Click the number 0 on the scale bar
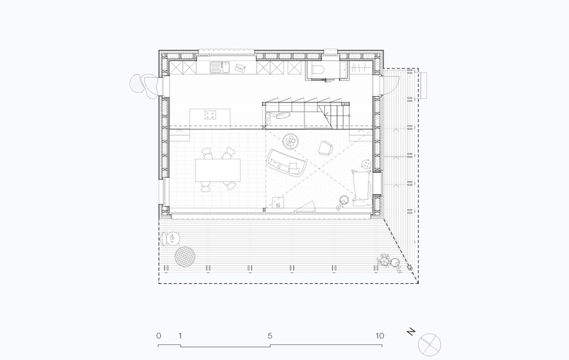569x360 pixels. click(x=159, y=336)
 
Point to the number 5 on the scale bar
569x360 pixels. click(x=270, y=336)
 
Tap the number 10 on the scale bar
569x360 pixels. click(x=380, y=336)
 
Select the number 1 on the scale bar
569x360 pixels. click(x=180, y=336)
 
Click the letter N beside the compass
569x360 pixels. click(x=411, y=332)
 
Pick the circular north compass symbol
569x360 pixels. click(x=430, y=344)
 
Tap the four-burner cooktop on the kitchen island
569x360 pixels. click(x=210, y=115)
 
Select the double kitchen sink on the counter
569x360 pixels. click(x=220, y=67)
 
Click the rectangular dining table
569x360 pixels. click(x=218, y=170)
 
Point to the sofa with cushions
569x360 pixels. click(x=287, y=163)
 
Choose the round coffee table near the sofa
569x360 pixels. click(x=291, y=141)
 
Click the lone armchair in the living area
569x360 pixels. click(x=326, y=148)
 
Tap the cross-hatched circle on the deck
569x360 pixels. click(x=185, y=256)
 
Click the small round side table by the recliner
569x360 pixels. click(x=366, y=164)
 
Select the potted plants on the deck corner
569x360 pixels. click(x=389, y=263)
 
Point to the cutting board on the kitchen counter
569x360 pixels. click(x=240, y=68)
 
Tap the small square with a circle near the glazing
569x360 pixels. click(x=278, y=203)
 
